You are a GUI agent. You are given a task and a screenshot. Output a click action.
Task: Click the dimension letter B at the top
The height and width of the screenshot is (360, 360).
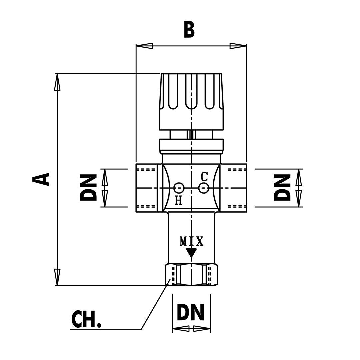click(x=189, y=30)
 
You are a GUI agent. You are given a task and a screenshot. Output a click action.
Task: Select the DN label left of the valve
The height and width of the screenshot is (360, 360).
click(x=88, y=188)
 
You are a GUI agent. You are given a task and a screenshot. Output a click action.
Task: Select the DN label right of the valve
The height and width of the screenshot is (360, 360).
click(x=282, y=188)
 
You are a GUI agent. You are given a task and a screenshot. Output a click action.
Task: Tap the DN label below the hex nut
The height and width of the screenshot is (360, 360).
click(x=190, y=312)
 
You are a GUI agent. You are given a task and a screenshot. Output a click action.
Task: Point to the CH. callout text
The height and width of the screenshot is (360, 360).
click(x=86, y=319)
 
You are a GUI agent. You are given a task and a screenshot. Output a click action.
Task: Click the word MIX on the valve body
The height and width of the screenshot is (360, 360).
click(x=191, y=241)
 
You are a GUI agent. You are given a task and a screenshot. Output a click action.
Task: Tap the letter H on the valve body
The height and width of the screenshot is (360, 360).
click(x=179, y=200)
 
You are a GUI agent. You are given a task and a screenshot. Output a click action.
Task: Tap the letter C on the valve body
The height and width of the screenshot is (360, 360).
click(x=204, y=176)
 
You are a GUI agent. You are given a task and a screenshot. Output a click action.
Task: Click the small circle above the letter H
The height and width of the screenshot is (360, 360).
click(x=179, y=188)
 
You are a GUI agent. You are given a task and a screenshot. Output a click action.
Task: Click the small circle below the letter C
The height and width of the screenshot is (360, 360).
click(x=204, y=188)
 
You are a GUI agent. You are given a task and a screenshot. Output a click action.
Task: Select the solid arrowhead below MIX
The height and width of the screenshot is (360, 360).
click(x=191, y=253)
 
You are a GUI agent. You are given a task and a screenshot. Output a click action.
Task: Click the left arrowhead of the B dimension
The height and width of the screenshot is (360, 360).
click(x=145, y=46)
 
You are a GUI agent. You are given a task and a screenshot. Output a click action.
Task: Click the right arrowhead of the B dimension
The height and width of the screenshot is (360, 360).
click(x=238, y=46)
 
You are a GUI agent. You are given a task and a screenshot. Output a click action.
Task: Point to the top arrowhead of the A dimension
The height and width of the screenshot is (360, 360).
click(x=57, y=82)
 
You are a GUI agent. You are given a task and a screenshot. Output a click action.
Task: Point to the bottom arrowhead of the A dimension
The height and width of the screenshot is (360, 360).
click(x=57, y=277)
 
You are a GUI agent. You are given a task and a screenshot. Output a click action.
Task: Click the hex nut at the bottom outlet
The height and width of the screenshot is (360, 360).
click(x=191, y=275)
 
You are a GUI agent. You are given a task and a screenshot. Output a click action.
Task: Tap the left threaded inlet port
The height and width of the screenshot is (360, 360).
click(x=147, y=188)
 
